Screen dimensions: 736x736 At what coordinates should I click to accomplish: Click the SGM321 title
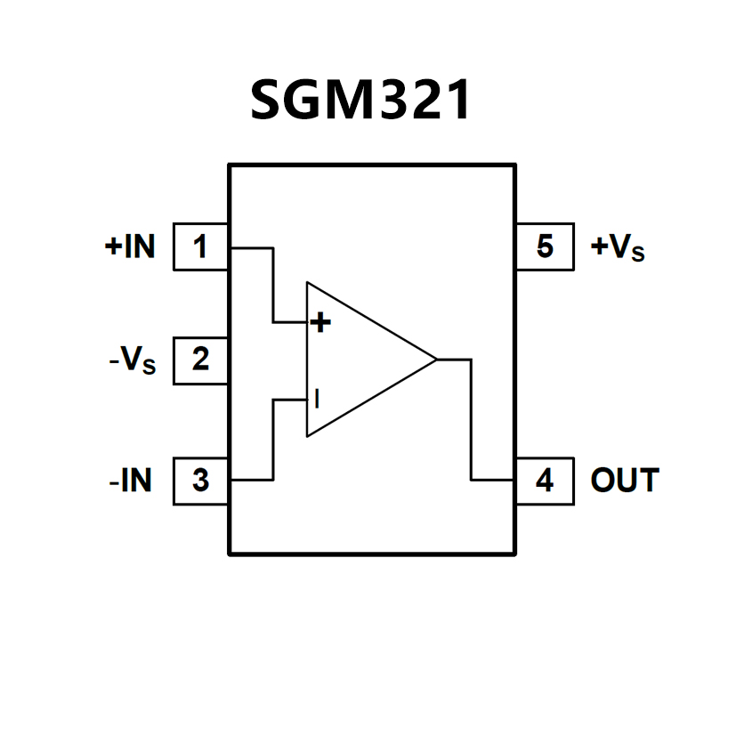(360, 101)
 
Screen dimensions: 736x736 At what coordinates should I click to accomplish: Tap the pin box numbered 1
(200, 247)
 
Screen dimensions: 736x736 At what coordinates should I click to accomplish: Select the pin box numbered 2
(200, 360)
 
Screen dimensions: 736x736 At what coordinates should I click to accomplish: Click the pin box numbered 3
(200, 481)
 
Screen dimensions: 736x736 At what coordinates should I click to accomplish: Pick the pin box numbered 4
(545, 481)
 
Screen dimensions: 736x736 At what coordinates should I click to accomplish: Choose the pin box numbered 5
(545, 247)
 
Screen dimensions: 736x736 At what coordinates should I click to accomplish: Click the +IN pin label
(130, 247)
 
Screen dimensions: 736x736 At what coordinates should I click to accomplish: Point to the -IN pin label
(130, 481)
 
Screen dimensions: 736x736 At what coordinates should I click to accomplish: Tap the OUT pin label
(625, 481)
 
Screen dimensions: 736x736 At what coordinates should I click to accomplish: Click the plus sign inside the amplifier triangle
(320, 322)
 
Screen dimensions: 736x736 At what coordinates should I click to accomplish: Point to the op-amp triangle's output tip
(435, 360)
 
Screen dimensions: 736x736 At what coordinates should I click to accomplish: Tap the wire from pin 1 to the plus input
(272, 285)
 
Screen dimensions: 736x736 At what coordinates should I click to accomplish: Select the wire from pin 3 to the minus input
(272, 441)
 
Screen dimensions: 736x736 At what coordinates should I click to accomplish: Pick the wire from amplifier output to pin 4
(471, 418)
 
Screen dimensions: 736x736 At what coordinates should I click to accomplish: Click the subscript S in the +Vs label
(636, 255)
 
